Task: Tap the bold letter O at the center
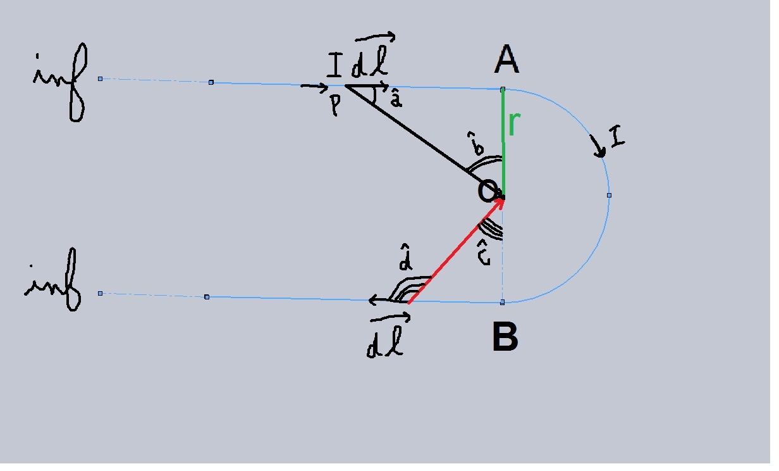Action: point(488,191)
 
